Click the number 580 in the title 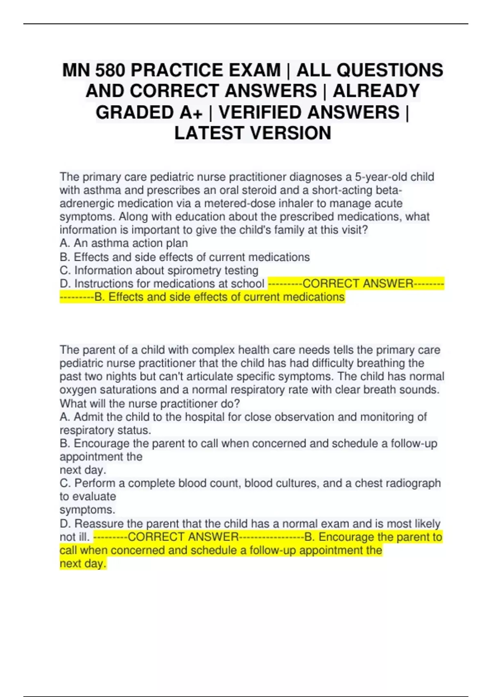pyautogui.click(x=110, y=70)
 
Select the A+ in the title pyautogui.click(x=191, y=112)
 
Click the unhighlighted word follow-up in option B pyautogui.click(x=414, y=444)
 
